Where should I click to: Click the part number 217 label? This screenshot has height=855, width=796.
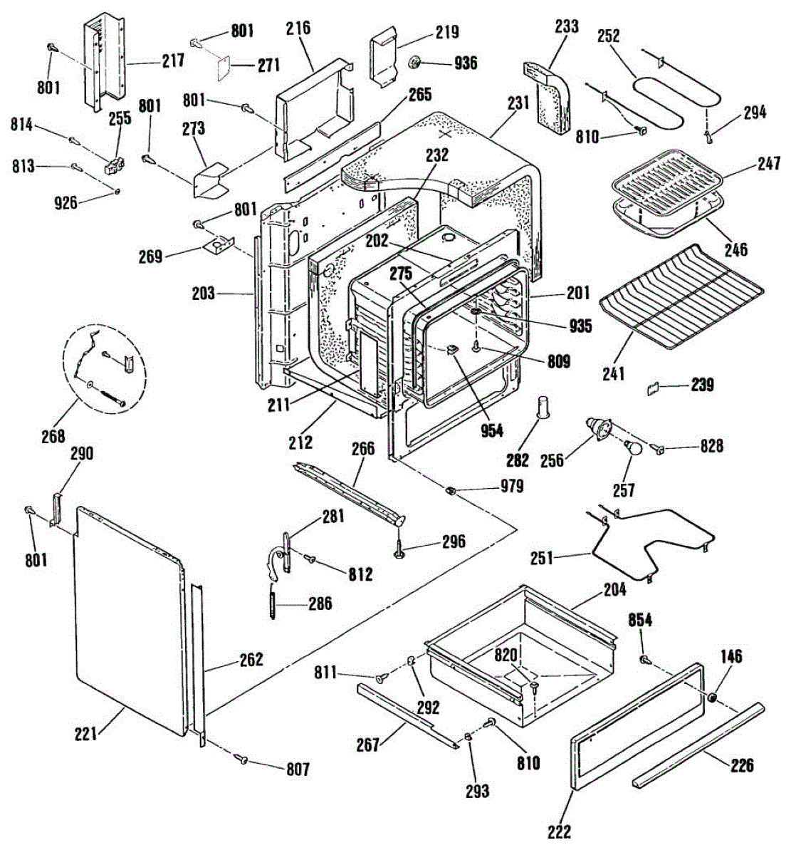173,61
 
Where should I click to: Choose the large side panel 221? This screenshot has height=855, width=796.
128,620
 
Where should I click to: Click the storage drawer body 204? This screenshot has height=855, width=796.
520,648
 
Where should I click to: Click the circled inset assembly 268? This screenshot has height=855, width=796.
108,368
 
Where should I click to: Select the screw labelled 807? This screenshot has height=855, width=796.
241,761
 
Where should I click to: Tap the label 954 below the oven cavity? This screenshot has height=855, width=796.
491,430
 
